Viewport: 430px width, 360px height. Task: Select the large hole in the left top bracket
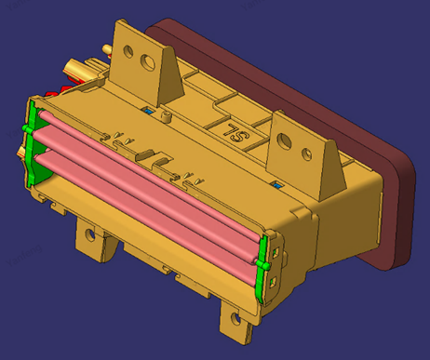pyautogui.click(x=148, y=61)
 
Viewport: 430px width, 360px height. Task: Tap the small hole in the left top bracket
pyautogui.click(x=128, y=51)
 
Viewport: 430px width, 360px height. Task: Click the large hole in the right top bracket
pyautogui.click(x=284, y=141)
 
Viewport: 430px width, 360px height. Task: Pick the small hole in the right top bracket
pyautogui.click(x=307, y=154)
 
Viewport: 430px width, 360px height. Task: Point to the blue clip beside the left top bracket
pyautogui.click(x=149, y=111)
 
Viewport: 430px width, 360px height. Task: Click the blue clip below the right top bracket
pyautogui.click(x=278, y=186)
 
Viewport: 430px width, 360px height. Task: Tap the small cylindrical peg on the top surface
pyautogui.click(x=167, y=117)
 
